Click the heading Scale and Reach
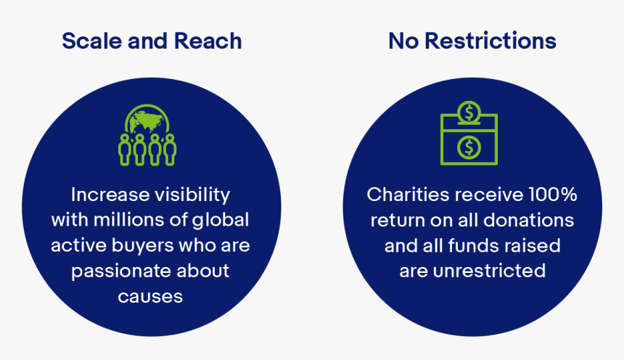[152, 41]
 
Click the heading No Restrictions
[472, 41]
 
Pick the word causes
[151, 295]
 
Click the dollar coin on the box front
[469, 147]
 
